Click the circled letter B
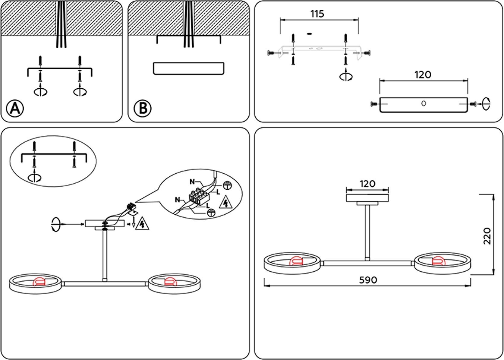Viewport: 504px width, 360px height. pyautogui.click(x=143, y=108)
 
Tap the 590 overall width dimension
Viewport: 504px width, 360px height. pyautogui.click(x=368, y=280)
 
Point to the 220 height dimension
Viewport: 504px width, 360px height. pyautogui.click(x=487, y=236)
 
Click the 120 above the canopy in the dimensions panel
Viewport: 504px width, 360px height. pyautogui.click(x=367, y=184)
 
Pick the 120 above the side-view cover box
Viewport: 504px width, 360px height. pyautogui.click(x=423, y=74)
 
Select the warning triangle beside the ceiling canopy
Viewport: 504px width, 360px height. pyautogui.click(x=142, y=225)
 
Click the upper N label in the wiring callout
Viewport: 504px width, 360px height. pyautogui.click(x=192, y=182)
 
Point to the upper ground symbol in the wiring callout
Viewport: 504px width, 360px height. pyautogui.click(x=228, y=185)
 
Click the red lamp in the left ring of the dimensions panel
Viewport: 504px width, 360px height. pyautogui.click(x=296, y=261)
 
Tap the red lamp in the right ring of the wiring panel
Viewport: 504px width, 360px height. pyautogui.click(x=169, y=282)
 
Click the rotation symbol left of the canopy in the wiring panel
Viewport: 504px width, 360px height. pyautogui.click(x=56, y=225)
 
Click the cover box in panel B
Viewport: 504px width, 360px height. pyautogui.click(x=188, y=68)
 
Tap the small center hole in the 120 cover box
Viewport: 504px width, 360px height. pyautogui.click(x=423, y=104)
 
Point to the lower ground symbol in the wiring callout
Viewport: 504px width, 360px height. pyautogui.click(x=211, y=213)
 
